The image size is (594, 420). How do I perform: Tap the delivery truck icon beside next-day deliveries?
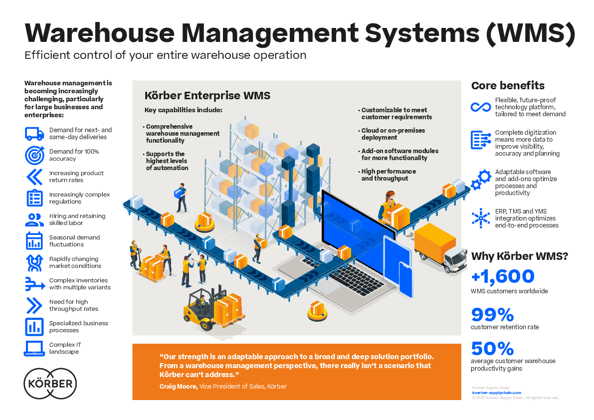point(34,134)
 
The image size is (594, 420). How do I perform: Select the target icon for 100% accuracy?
point(34,155)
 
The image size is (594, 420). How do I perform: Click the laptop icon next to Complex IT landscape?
point(34,348)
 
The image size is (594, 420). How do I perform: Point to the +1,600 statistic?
point(503,277)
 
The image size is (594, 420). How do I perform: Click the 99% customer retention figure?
point(492,315)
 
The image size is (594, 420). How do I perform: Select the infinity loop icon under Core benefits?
point(481,107)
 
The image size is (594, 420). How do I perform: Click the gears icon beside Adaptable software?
point(481,179)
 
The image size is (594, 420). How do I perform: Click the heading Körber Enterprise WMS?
point(207,95)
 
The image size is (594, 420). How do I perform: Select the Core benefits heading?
point(508,86)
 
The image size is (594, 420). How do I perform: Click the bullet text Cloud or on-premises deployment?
point(393,134)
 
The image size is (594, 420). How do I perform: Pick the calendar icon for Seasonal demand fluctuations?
point(34,241)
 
